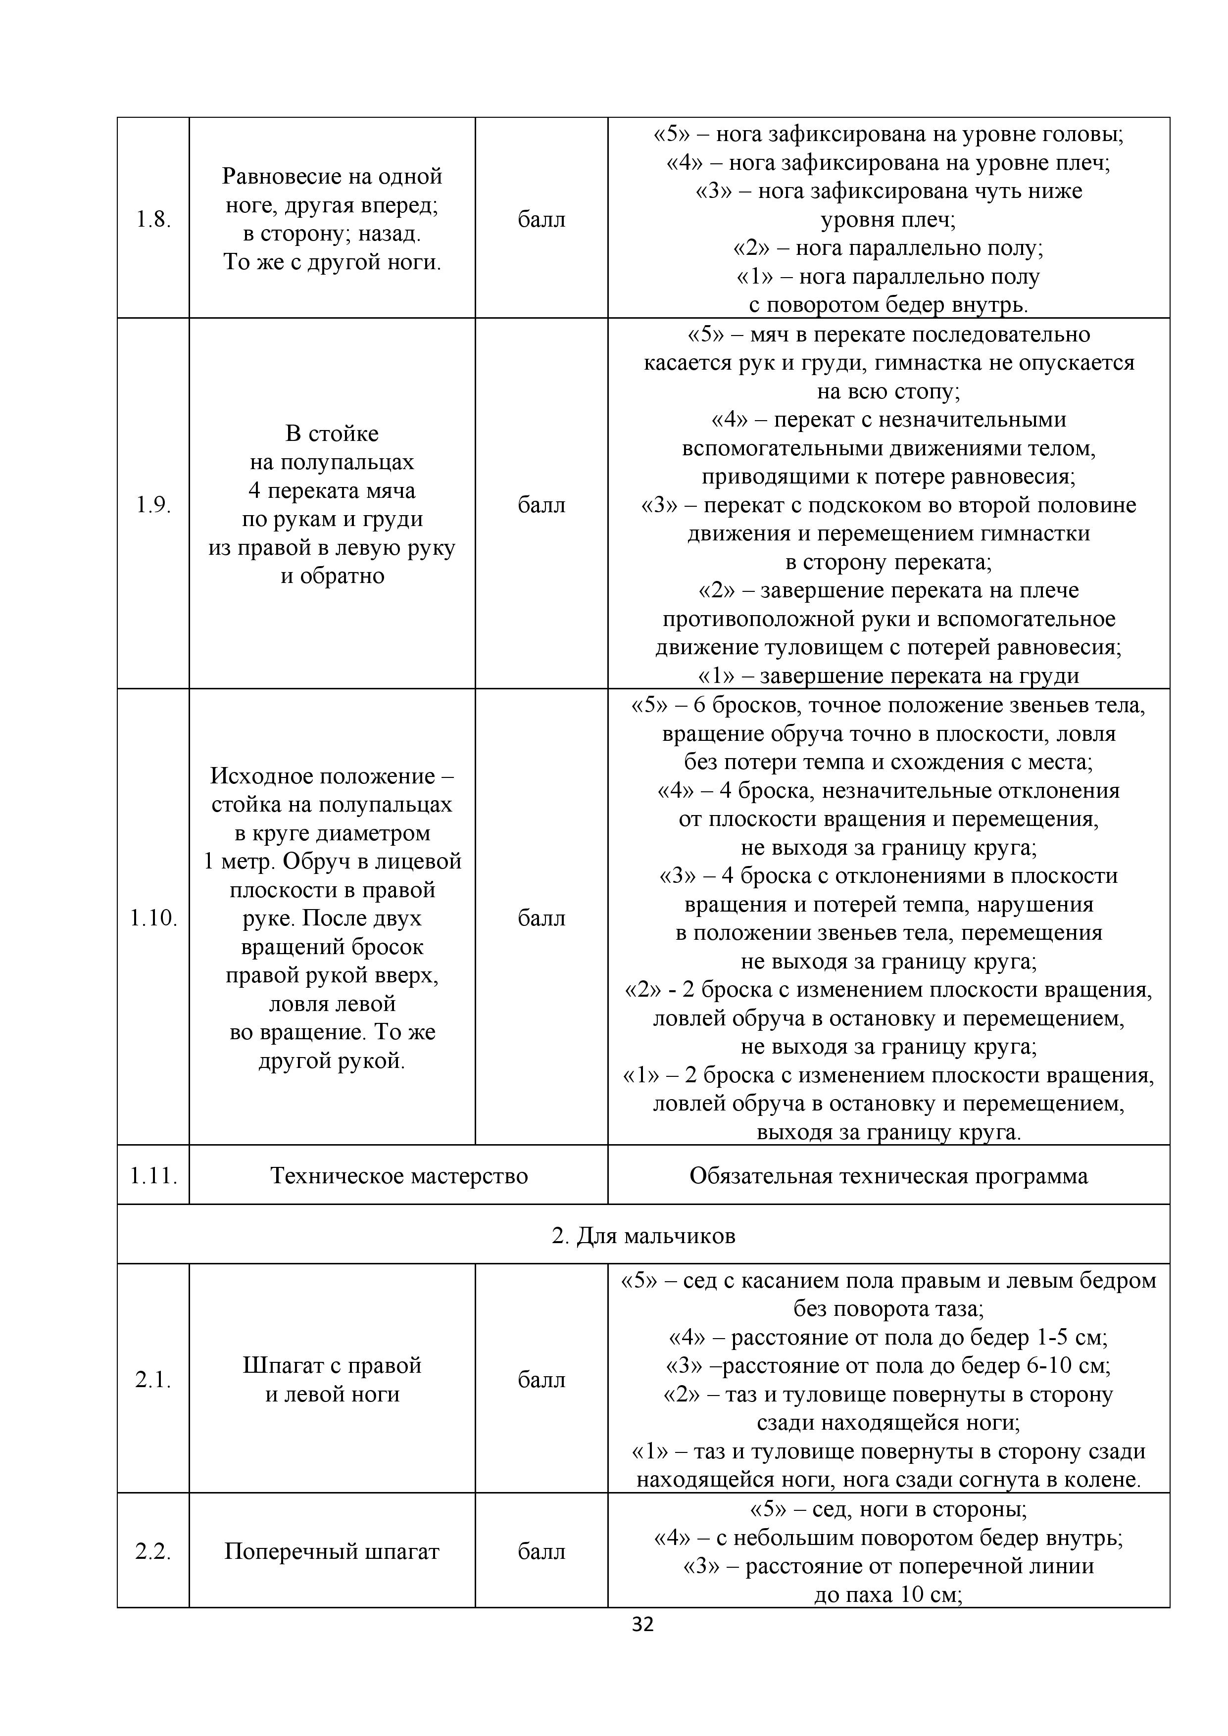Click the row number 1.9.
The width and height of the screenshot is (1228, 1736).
click(x=153, y=505)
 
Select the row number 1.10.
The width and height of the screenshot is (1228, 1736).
click(x=153, y=918)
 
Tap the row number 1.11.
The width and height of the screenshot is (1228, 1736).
click(x=153, y=1176)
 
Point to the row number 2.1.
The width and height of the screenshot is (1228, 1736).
click(x=153, y=1380)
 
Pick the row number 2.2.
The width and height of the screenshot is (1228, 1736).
click(x=153, y=1551)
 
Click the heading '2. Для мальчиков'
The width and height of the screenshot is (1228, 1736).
click(x=643, y=1236)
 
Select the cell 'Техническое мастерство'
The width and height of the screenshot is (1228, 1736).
click(x=398, y=1176)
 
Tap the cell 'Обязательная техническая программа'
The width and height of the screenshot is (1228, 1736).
click(x=888, y=1176)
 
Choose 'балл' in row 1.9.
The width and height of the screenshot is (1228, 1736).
click(x=541, y=505)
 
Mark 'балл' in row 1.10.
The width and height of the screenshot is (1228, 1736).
click(x=541, y=918)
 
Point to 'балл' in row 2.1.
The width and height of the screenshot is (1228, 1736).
click(x=541, y=1380)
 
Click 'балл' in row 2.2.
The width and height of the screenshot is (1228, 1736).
click(x=541, y=1551)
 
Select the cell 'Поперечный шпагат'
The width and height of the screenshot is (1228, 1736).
click(x=332, y=1551)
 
